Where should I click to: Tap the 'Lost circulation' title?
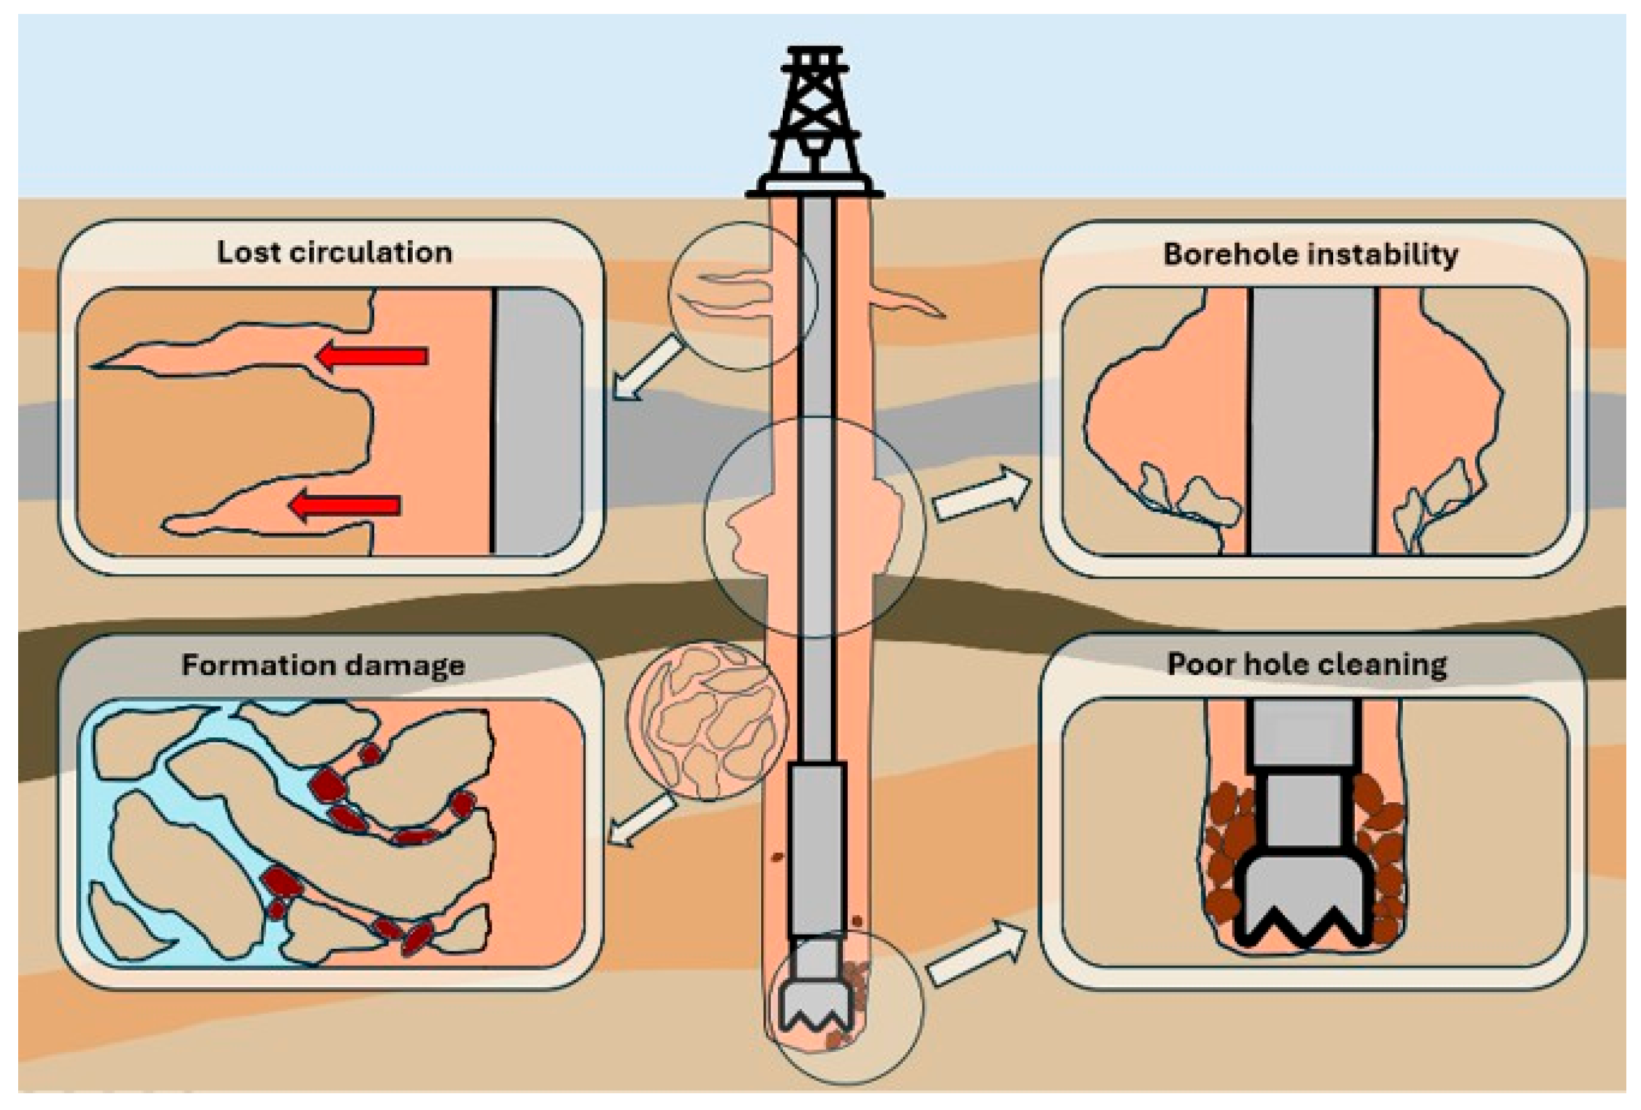tap(334, 253)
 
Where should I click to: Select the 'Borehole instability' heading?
tap(1311, 254)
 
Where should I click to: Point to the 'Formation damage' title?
tap(323, 665)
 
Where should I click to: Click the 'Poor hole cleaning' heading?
tap(1307, 665)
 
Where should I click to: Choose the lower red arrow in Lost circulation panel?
tap(345, 505)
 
